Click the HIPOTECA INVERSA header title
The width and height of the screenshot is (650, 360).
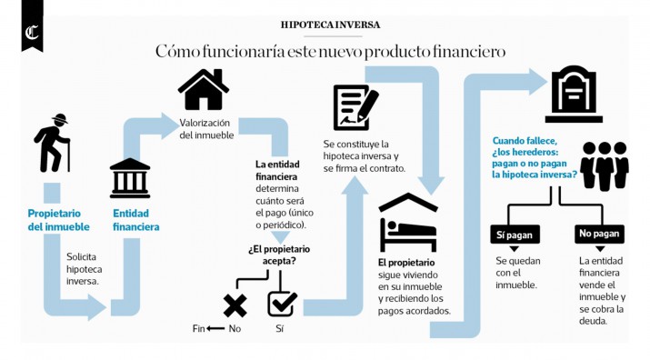pos(331,25)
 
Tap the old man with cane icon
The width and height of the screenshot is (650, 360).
pos(53,144)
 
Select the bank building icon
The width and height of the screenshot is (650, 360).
pos(130,178)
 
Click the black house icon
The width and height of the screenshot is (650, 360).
pos(203,89)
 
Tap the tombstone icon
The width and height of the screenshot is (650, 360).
pos(574,94)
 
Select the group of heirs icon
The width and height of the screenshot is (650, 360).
pos(605,165)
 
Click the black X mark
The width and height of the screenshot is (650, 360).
pos(235,304)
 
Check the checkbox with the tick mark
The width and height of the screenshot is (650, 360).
pos(282,302)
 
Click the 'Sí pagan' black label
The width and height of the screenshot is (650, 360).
pos(515,235)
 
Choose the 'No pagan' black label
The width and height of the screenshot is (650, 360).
pos(599,235)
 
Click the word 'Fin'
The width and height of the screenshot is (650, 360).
pos(199,328)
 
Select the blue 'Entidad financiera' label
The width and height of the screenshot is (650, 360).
pos(135,220)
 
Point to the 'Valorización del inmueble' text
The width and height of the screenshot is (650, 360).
pos(206,128)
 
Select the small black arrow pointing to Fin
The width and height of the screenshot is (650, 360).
pos(215,328)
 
